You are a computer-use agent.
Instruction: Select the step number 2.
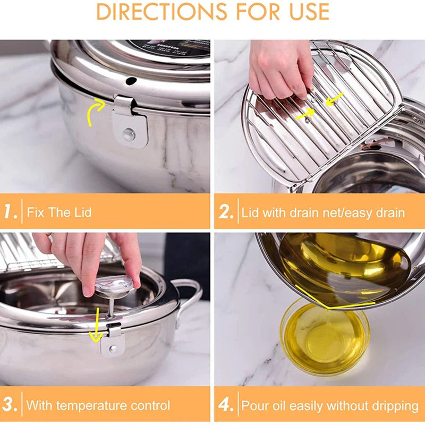point(226,212)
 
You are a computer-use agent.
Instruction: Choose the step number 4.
point(226,405)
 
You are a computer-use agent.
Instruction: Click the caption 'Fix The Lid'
point(59,213)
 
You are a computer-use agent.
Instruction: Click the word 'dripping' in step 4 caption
point(394,406)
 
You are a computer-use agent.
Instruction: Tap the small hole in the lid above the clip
point(130,81)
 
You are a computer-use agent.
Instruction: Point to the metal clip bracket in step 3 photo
point(113,343)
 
